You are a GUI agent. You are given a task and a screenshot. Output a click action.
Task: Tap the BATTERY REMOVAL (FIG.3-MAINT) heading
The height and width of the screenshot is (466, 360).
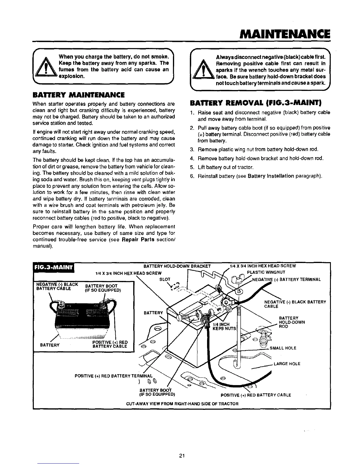coord(256,103)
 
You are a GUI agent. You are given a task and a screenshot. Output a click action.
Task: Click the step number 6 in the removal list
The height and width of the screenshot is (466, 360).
coord(192,176)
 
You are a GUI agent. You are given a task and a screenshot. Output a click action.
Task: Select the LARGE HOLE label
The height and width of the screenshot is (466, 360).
coord(287,364)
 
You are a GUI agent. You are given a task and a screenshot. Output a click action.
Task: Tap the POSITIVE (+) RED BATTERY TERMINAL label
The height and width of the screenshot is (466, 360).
coord(114,376)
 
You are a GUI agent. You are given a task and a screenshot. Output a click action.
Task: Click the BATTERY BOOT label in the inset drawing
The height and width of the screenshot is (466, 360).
coord(101,288)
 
